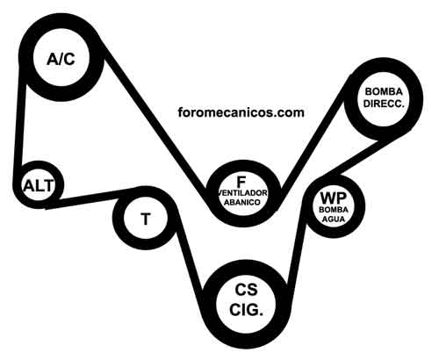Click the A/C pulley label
point(61,60)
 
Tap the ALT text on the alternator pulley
point(39,186)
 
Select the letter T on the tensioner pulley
point(146,219)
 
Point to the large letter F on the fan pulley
point(241,183)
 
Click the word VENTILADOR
point(243,193)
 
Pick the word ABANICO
point(241,202)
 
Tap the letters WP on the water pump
point(334,198)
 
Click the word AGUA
point(334,219)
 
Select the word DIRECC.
point(384,104)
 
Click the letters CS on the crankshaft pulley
point(246,290)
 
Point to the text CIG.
point(246,310)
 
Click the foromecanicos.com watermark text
point(241,112)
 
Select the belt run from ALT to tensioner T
point(90,198)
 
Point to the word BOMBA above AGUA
point(334,210)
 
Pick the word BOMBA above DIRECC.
point(384,91)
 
